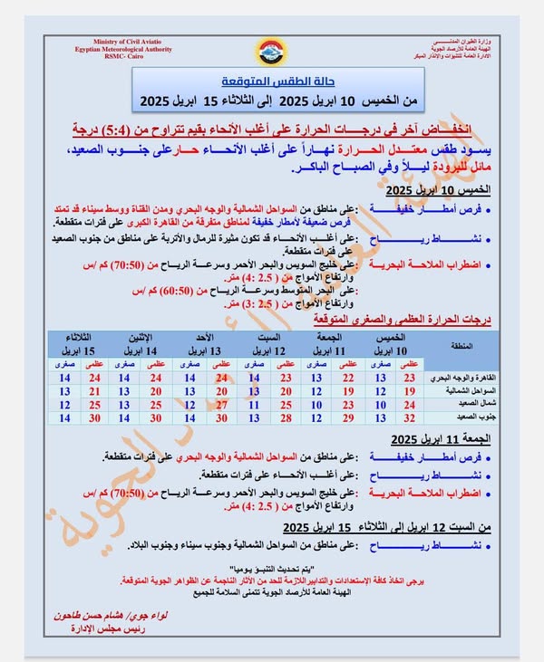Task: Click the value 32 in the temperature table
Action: coord(407,419)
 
